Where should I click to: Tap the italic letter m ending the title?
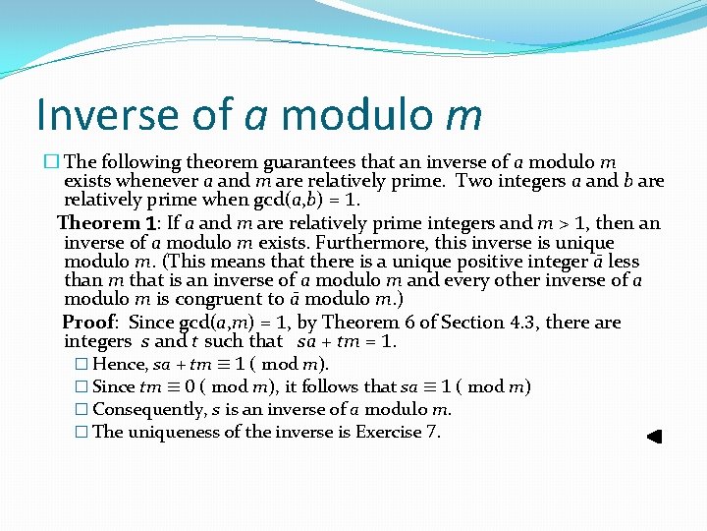[x=462, y=115]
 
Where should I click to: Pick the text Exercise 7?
[x=398, y=432]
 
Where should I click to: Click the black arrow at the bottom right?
[x=655, y=437]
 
